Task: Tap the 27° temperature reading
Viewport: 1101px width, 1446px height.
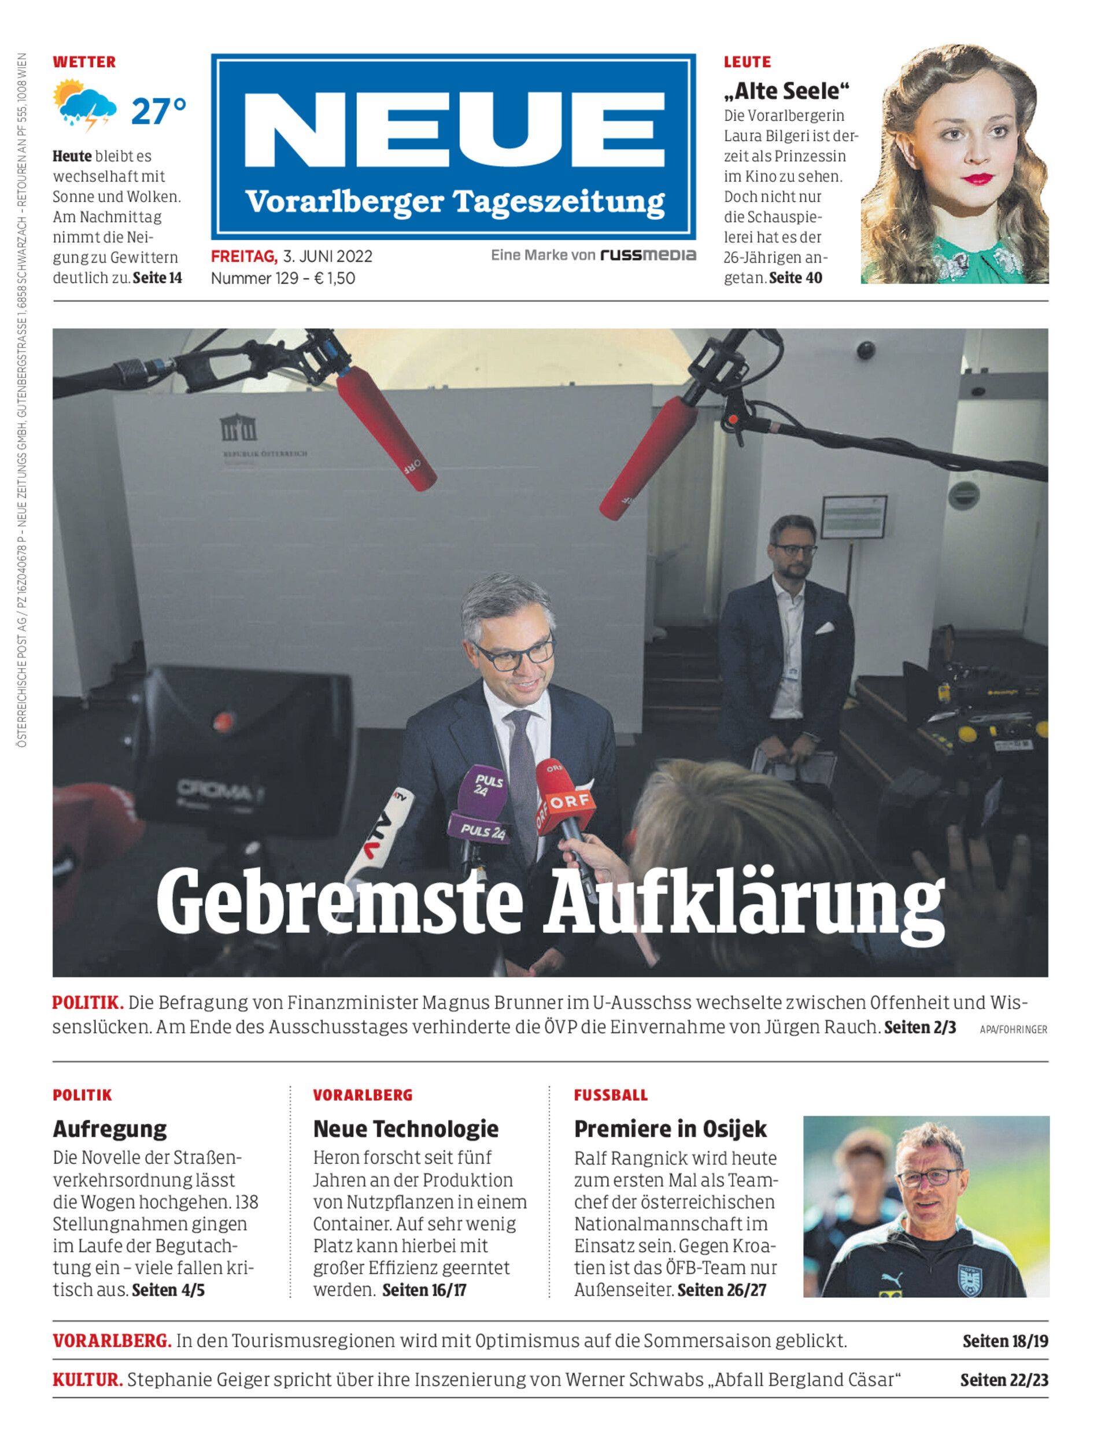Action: tap(158, 111)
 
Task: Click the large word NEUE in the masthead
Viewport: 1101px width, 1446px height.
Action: tap(454, 128)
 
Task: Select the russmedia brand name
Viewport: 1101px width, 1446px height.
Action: tap(648, 255)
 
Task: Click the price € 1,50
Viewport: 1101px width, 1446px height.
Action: tap(335, 278)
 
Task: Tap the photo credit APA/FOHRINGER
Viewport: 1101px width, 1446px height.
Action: tap(1013, 1030)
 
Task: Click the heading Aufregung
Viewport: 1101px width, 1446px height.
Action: tap(110, 1128)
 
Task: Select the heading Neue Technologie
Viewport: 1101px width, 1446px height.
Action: tap(406, 1128)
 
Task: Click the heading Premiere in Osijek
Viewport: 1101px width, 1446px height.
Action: tap(670, 1128)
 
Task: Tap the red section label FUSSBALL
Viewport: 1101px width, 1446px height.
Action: tap(610, 1095)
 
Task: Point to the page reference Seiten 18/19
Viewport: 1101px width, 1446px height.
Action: tap(1004, 1341)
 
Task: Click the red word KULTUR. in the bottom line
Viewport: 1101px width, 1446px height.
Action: tap(87, 1380)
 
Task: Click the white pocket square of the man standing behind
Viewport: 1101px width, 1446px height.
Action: tap(825, 628)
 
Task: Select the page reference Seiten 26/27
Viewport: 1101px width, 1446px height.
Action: tap(722, 1290)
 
